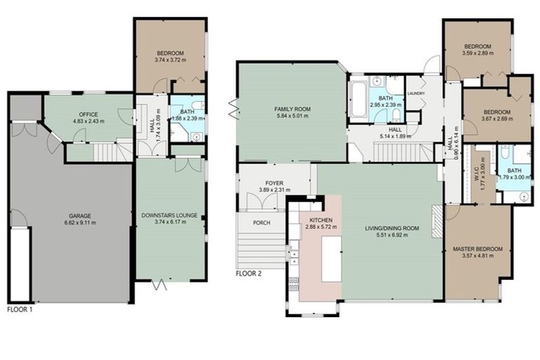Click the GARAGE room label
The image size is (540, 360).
pyautogui.click(x=80, y=216)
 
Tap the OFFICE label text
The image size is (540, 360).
pyautogui.click(x=88, y=115)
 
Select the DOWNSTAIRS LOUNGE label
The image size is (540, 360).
pyautogui.click(x=169, y=216)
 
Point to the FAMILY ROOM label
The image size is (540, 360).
pyautogui.click(x=292, y=109)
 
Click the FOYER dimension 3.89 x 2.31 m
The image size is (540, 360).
pyautogui.click(x=274, y=190)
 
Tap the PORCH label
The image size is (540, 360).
pyautogui.click(x=262, y=223)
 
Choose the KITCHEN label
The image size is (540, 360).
pyautogui.click(x=321, y=220)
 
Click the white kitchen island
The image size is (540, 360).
pyautogui.click(x=332, y=259)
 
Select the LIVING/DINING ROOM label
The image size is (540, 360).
pyautogui.click(x=392, y=229)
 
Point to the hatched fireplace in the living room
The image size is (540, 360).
pyautogui.click(x=437, y=221)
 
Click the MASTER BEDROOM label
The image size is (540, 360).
pyautogui.click(x=477, y=249)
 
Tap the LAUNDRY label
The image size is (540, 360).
pyautogui.click(x=416, y=94)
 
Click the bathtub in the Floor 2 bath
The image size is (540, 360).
pyautogui.click(x=358, y=99)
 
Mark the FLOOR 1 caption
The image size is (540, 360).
pyautogui.click(x=20, y=309)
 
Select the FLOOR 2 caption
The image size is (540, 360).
pyautogui.click(x=249, y=274)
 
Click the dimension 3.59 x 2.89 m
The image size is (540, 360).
pyautogui.click(x=477, y=53)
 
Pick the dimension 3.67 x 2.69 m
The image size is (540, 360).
pyautogui.click(x=496, y=119)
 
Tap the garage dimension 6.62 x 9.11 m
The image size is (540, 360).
pyautogui.click(x=80, y=223)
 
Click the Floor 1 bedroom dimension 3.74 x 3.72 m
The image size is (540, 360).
pyautogui.click(x=170, y=60)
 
